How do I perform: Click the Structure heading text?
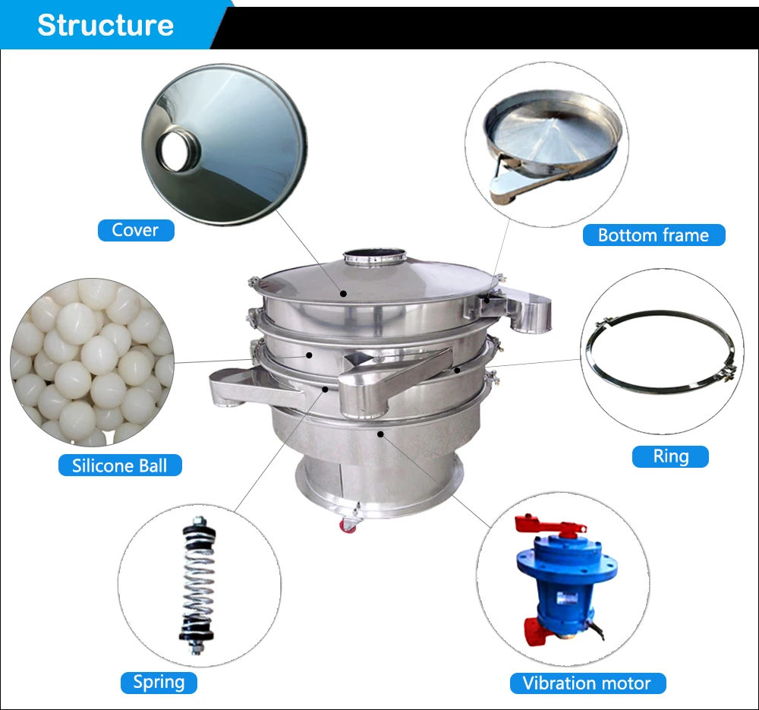[x=105, y=25]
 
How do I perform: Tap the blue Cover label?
[x=136, y=230]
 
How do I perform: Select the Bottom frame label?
[x=653, y=235]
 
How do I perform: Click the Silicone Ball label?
[x=120, y=465]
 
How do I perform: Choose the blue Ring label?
[x=670, y=456]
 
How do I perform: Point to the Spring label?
[x=159, y=683]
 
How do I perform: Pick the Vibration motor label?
[x=587, y=683]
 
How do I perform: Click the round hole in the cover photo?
[x=176, y=151]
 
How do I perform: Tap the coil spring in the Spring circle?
[x=197, y=586]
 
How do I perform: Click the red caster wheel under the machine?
[x=348, y=525]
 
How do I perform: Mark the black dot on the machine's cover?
[x=343, y=294]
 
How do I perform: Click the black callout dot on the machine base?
[x=380, y=434]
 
